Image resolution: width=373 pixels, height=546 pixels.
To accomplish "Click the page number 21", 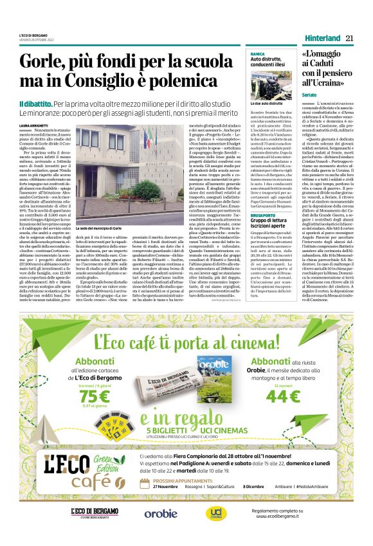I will pos(350,38).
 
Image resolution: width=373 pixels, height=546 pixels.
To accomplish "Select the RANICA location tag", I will pos(258,54).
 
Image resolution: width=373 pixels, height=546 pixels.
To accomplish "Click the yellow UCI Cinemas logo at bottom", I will pos(214,513).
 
